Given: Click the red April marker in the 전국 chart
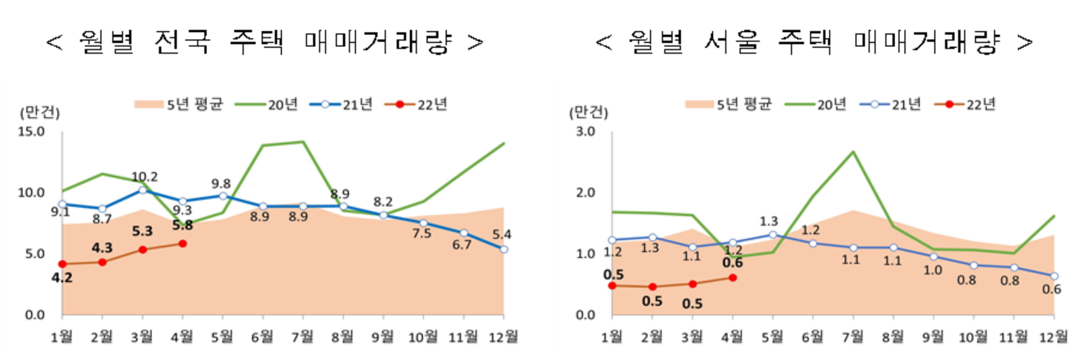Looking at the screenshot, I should pyautogui.click(x=183, y=244).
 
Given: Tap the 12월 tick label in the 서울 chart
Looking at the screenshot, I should pyautogui.click(x=1055, y=335).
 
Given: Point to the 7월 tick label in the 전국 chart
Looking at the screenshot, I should pyautogui.click(x=303, y=335).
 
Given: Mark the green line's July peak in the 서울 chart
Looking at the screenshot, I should pyautogui.click(x=853, y=151).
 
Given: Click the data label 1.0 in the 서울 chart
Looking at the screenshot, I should pyautogui.click(x=933, y=270).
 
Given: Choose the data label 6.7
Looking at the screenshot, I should pyautogui.click(x=463, y=246).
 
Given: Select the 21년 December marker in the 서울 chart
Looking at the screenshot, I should pyautogui.click(x=1055, y=276).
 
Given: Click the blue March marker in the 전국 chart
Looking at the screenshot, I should pyautogui.click(x=143, y=190).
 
